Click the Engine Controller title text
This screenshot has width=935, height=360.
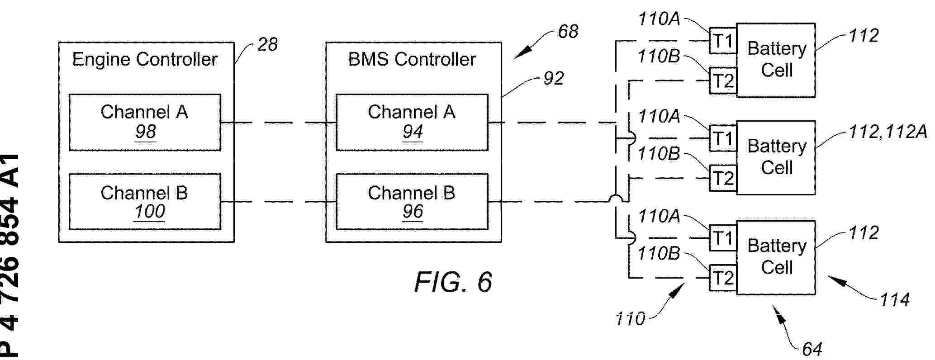pos(145,60)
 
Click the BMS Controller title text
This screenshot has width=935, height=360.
pos(412,60)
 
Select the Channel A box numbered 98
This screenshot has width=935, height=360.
pos(145,122)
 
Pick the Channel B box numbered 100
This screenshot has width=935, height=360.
pos(145,201)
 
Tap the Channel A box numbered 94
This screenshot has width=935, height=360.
pos(412,122)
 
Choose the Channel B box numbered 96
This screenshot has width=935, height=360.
pos(412,201)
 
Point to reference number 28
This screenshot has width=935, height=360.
pos(267,44)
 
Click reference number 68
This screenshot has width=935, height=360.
pos(568,32)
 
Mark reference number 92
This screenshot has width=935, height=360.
pos(553,79)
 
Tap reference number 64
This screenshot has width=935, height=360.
pos(812,349)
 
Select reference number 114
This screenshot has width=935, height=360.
pos(894,300)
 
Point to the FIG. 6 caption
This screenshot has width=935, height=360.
pos(453,282)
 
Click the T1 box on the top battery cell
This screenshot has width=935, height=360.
pos(723,42)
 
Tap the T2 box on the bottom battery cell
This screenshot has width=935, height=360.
pos(723,278)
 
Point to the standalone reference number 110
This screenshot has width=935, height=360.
pos(630,319)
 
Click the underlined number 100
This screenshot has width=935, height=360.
pos(150,212)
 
